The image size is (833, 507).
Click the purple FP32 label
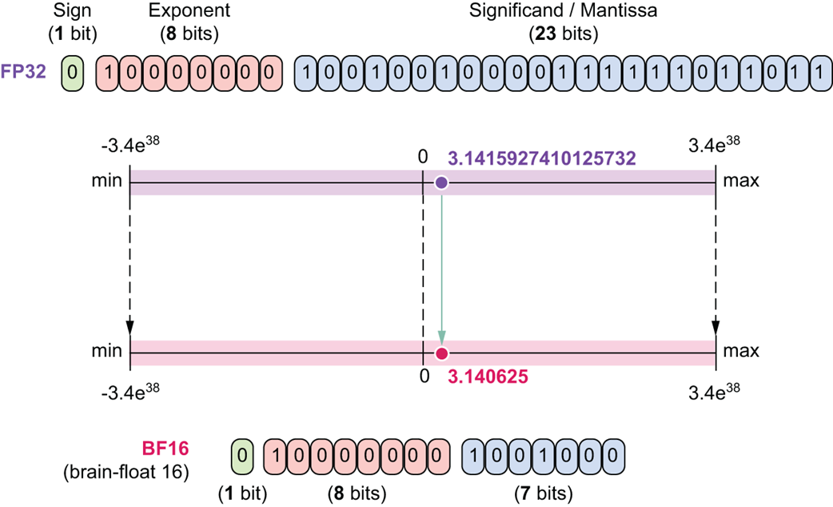30,71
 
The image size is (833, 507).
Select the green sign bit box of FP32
72,71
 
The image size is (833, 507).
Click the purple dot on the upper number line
441,183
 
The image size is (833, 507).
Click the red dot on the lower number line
441,353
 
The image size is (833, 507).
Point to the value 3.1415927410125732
542,158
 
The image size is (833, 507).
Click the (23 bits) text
563,34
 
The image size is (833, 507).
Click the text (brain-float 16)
126,472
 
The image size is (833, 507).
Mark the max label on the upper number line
741,182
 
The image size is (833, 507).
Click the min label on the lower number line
106,351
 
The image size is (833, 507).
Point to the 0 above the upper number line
422,156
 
